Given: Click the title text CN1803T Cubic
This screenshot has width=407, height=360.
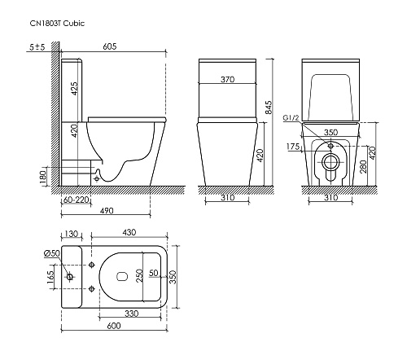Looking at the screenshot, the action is coord(57,24).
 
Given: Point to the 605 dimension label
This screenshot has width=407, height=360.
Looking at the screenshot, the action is coord(110,46).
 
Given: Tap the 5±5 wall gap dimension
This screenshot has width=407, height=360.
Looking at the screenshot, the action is coord(37,47).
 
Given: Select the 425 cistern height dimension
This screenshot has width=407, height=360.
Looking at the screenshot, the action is coord(74,89).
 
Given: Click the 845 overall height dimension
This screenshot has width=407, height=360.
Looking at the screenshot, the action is coord(268,108).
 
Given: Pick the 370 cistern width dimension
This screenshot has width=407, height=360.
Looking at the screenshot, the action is coord(227,79).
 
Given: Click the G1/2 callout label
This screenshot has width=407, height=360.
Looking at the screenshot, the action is coord(291,118).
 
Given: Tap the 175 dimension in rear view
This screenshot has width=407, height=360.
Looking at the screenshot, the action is coord(293,147).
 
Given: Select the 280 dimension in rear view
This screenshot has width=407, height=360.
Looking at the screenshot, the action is coord(364,166).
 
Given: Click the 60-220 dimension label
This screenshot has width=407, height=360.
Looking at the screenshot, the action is coord(77,200).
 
